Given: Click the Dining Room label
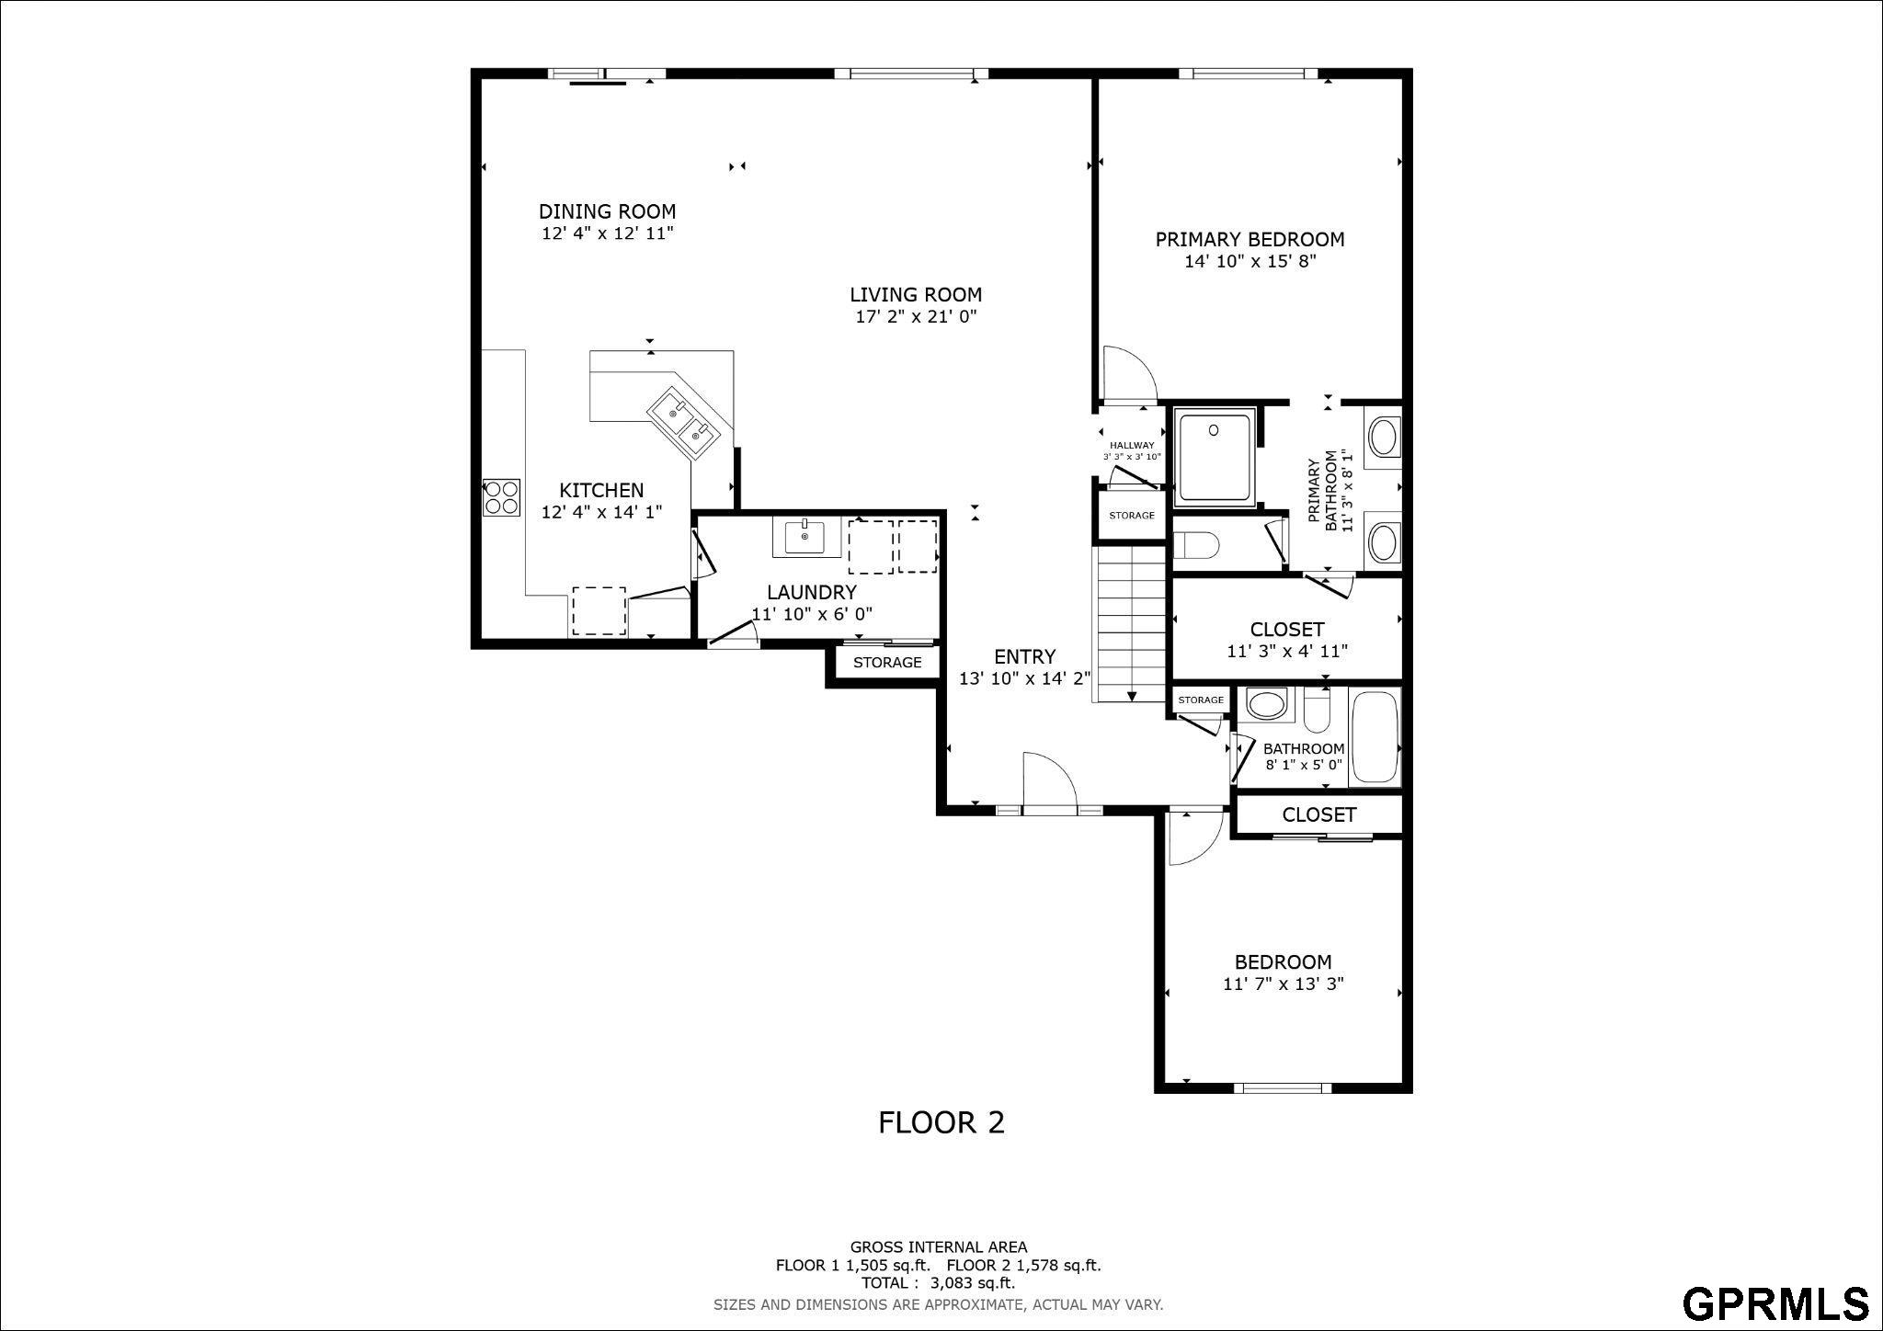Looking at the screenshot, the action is pyautogui.click(x=607, y=211).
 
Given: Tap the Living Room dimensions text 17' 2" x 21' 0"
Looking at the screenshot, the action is pyautogui.click(x=915, y=317).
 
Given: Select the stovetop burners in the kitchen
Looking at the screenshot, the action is pyautogui.click(x=502, y=497).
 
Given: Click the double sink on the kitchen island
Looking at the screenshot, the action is pyautogui.click(x=685, y=422).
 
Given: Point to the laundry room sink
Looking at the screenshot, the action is pyautogui.click(x=806, y=538).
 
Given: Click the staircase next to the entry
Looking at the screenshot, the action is pyautogui.click(x=1129, y=625).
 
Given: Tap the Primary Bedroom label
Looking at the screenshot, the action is pyautogui.click(x=1250, y=240).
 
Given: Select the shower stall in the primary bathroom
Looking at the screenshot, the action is pyautogui.click(x=1215, y=457).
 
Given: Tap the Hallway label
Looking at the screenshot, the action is pyautogui.click(x=1132, y=446).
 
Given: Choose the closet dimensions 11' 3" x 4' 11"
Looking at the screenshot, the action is pyautogui.click(x=1287, y=652).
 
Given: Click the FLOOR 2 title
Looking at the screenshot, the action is pyautogui.click(x=941, y=1122).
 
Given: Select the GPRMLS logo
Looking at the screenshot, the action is pyautogui.click(x=1775, y=1303).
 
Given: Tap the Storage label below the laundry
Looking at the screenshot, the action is pyautogui.click(x=887, y=663).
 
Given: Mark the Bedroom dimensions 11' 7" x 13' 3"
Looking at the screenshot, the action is pyautogui.click(x=1284, y=984).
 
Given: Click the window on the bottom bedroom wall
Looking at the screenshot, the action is pyautogui.click(x=1282, y=1088).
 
